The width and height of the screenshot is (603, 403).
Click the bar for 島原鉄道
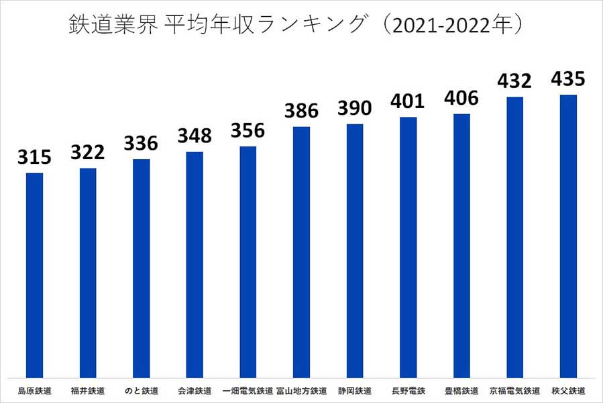(34, 275)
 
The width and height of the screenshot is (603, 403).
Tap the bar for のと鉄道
(141, 268)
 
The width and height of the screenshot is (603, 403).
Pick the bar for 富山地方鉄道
(301, 252)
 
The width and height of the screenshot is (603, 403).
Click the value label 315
(34, 158)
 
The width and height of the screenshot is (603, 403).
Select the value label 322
(88, 152)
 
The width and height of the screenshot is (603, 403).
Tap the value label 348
(195, 136)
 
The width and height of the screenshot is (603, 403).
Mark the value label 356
(248, 131)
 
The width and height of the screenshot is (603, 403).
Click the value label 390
(355, 109)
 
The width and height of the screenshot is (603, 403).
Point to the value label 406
(461, 99)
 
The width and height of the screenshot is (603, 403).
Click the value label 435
(568, 79)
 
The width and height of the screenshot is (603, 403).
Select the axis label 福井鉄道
(88, 390)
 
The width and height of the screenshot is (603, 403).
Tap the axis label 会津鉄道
(195, 390)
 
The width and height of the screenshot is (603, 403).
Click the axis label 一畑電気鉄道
(248, 390)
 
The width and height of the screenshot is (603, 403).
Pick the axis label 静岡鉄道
(355, 390)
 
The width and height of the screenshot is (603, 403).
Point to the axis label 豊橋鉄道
(461, 390)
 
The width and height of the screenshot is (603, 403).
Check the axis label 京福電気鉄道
(514, 390)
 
